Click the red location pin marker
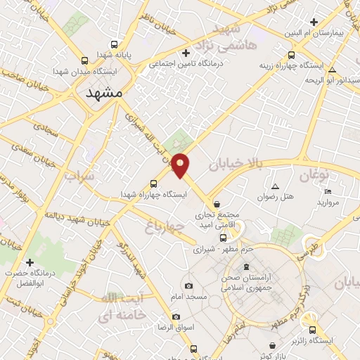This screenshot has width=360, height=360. coord(181,165)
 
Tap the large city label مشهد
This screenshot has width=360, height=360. coord(104,92)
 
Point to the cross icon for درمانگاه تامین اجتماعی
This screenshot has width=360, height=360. coord(186,53)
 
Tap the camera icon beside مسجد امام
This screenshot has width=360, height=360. coord(188,285)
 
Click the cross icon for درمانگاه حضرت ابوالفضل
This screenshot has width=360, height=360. coord(30,262)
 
